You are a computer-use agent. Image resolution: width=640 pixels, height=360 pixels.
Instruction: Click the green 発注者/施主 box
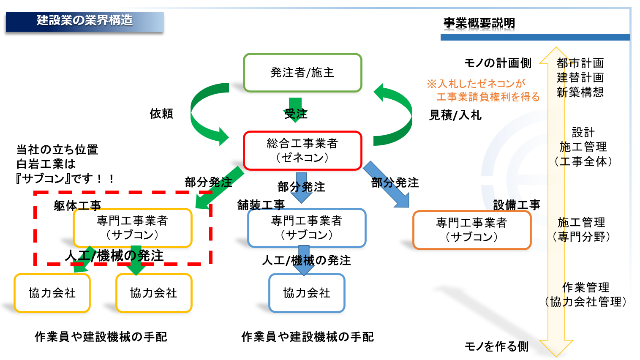click(302, 73)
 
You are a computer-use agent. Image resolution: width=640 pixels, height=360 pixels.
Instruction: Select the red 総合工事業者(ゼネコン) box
click(302, 150)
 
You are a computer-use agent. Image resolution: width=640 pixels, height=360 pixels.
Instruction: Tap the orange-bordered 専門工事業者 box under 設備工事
click(471, 230)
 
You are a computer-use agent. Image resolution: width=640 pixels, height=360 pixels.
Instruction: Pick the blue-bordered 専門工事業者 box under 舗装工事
click(307, 228)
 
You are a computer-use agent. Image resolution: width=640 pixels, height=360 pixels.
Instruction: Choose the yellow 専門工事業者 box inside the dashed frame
click(132, 228)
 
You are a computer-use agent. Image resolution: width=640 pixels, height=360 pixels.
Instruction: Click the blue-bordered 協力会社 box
click(307, 293)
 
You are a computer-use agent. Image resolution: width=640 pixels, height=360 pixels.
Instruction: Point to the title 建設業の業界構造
click(84, 20)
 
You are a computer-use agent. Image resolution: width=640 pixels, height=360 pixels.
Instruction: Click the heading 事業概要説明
click(479, 23)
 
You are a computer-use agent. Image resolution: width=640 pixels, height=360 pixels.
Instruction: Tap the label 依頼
click(161, 114)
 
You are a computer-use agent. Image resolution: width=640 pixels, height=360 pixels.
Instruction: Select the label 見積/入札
click(455, 115)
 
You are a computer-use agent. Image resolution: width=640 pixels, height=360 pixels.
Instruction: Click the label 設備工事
click(517, 205)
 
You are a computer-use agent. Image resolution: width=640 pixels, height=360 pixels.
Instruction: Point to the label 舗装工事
click(261, 205)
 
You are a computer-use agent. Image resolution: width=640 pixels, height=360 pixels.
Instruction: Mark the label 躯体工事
click(77, 206)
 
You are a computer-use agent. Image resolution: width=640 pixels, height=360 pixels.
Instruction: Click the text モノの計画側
click(498, 63)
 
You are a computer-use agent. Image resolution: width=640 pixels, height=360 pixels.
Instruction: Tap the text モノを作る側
click(496, 346)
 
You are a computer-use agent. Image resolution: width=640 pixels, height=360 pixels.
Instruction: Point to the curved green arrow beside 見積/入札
click(395, 114)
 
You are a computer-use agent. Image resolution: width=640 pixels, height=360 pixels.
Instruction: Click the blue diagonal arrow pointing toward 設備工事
click(387, 185)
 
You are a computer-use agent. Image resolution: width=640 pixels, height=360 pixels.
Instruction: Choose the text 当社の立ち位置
click(57, 150)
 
